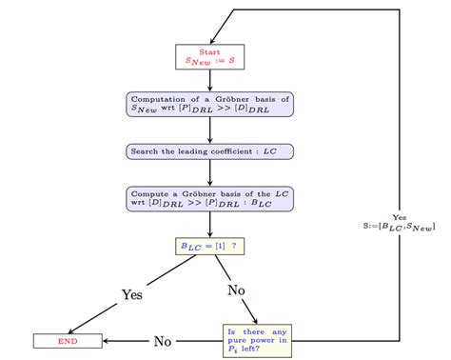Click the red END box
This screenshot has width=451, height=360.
(x=68, y=340)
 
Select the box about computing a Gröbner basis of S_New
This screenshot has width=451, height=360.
(x=209, y=104)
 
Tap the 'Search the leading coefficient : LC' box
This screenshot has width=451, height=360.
(x=209, y=150)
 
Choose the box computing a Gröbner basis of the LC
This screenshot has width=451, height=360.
(x=209, y=198)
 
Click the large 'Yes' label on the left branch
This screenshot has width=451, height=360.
(x=131, y=294)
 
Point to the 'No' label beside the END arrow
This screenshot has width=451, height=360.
(x=163, y=340)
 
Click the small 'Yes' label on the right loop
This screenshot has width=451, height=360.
(x=399, y=216)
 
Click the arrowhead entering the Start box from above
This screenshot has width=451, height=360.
(x=209, y=40)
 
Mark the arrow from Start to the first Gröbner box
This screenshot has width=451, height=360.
(x=209, y=80)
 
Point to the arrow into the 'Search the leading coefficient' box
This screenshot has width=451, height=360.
(x=209, y=130)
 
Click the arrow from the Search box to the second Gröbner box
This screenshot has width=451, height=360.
(x=209, y=172)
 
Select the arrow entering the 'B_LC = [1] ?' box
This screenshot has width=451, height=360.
(x=209, y=224)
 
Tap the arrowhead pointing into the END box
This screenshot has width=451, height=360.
(x=107, y=340)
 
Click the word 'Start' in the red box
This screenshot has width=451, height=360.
(x=209, y=50)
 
